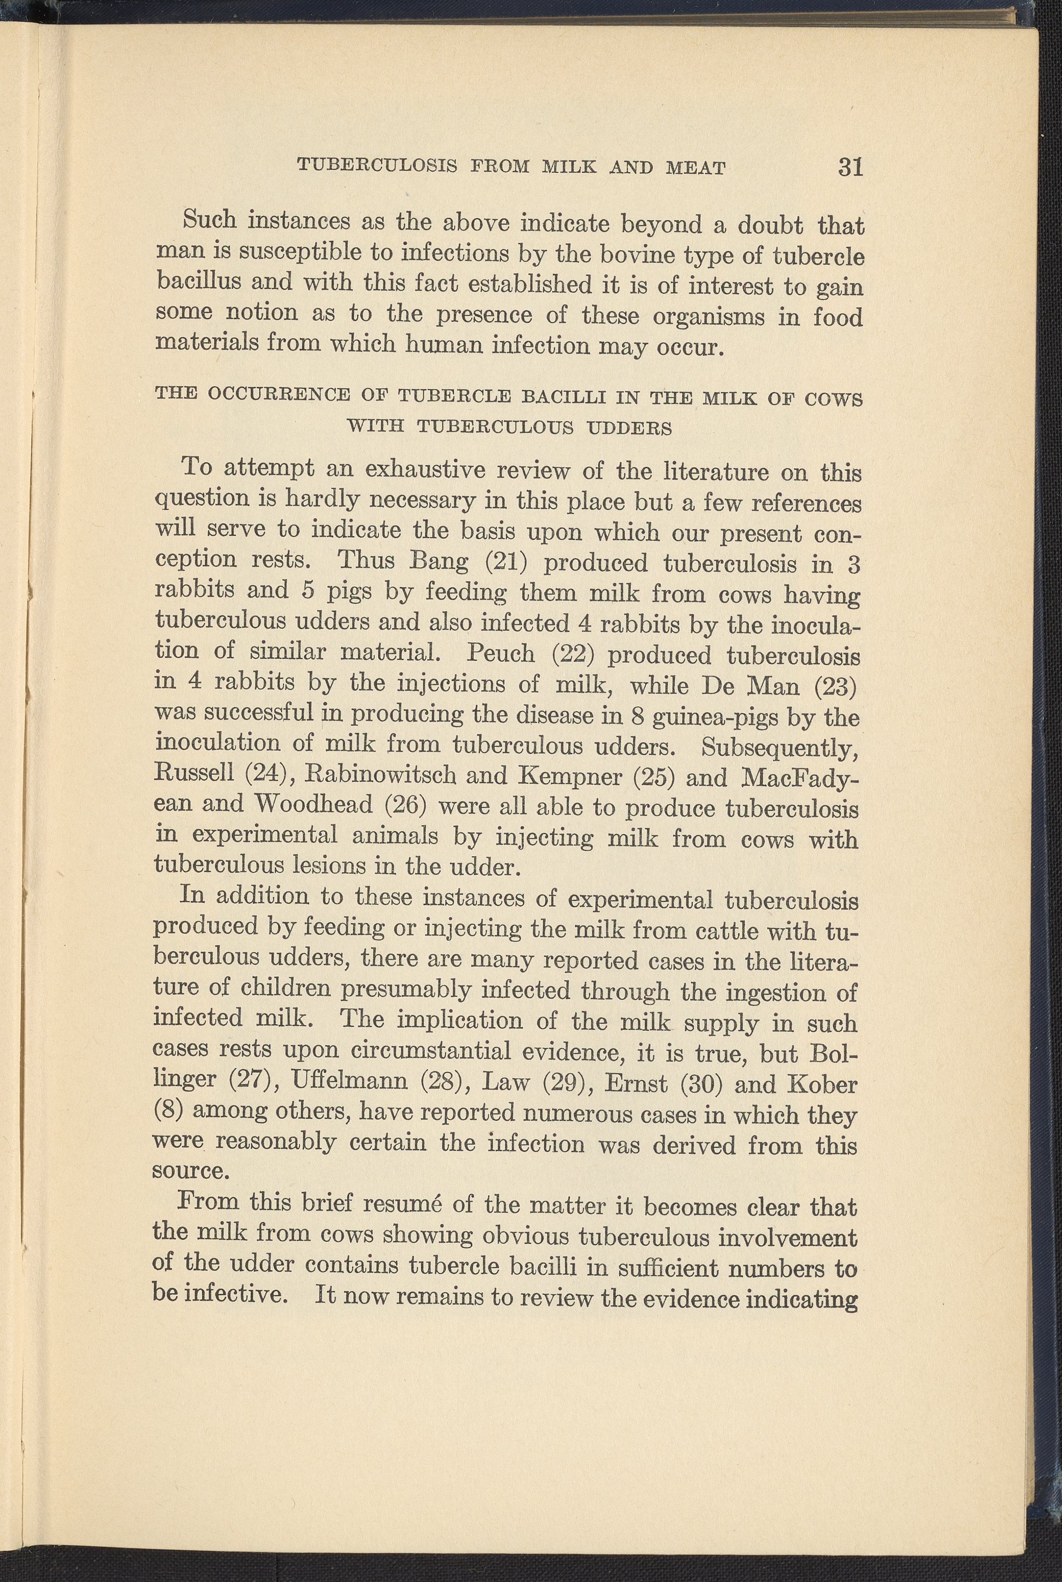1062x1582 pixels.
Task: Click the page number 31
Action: click(851, 167)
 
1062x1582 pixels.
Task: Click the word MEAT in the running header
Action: click(696, 168)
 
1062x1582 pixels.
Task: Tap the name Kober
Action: click(822, 1083)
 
